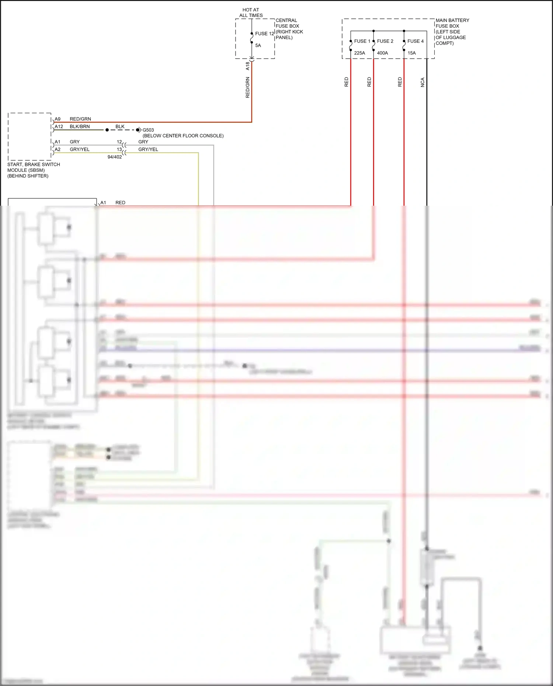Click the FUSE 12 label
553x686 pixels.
click(264, 34)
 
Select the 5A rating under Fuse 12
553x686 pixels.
click(258, 45)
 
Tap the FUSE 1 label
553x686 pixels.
click(362, 41)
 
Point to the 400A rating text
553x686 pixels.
click(382, 53)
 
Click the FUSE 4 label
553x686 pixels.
click(415, 41)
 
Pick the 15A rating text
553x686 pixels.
click(411, 53)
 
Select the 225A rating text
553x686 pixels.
click(359, 53)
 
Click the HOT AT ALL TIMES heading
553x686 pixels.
click(251, 13)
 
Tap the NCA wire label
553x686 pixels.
click(422, 82)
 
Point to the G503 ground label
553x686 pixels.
click(148, 130)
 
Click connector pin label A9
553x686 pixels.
click(58, 119)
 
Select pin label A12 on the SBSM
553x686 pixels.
click(59, 126)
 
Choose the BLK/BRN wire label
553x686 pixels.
click(80, 126)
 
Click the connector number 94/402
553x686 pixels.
click(115, 157)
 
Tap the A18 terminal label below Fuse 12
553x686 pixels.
click(248, 66)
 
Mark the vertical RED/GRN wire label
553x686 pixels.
click(248, 87)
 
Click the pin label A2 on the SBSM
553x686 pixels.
click(58, 149)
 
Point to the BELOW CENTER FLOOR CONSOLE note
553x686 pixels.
click(183, 136)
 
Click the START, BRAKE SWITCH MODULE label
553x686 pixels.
click(34, 170)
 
